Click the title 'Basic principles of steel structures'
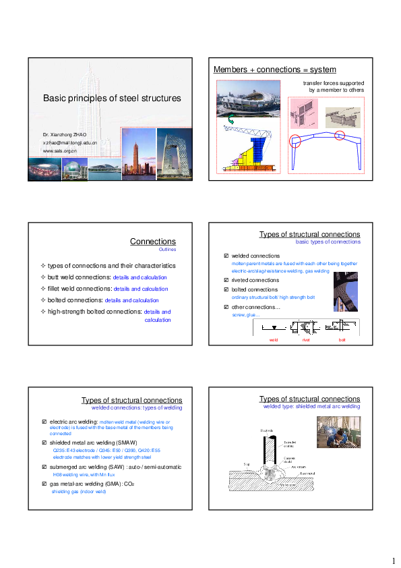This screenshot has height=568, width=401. click(x=112, y=98)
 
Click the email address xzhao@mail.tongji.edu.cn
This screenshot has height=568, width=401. click(x=69, y=143)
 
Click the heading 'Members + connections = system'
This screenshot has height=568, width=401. click(x=274, y=69)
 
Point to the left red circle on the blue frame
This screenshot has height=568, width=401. click(x=294, y=142)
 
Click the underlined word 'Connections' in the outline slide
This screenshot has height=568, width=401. click(x=153, y=242)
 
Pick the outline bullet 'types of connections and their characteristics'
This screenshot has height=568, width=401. click(x=112, y=266)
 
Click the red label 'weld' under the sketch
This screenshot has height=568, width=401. click(x=274, y=341)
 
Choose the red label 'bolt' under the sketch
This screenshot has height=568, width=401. click(x=342, y=341)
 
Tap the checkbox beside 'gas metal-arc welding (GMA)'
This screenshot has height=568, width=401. click(x=44, y=484)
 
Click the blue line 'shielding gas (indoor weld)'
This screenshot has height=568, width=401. click(x=79, y=492)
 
